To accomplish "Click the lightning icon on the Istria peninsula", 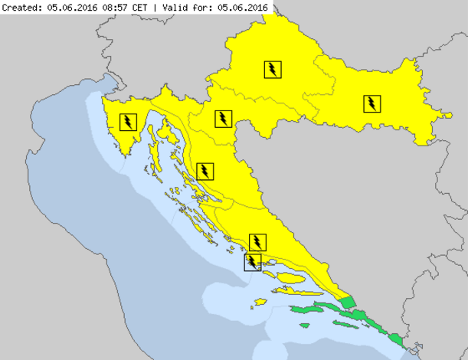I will [128, 120].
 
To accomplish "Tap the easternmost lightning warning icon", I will [371, 103].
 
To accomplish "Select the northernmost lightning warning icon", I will [272, 69].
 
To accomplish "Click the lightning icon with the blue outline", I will [252, 263].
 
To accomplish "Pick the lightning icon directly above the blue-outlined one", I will [259, 242].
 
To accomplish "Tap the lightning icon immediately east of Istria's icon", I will [222, 118].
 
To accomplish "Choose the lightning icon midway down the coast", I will [205, 170].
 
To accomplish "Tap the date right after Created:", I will [74, 7].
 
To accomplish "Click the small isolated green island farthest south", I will [304, 326].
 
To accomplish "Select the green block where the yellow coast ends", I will [349, 302].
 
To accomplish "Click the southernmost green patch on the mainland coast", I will [396, 338].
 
